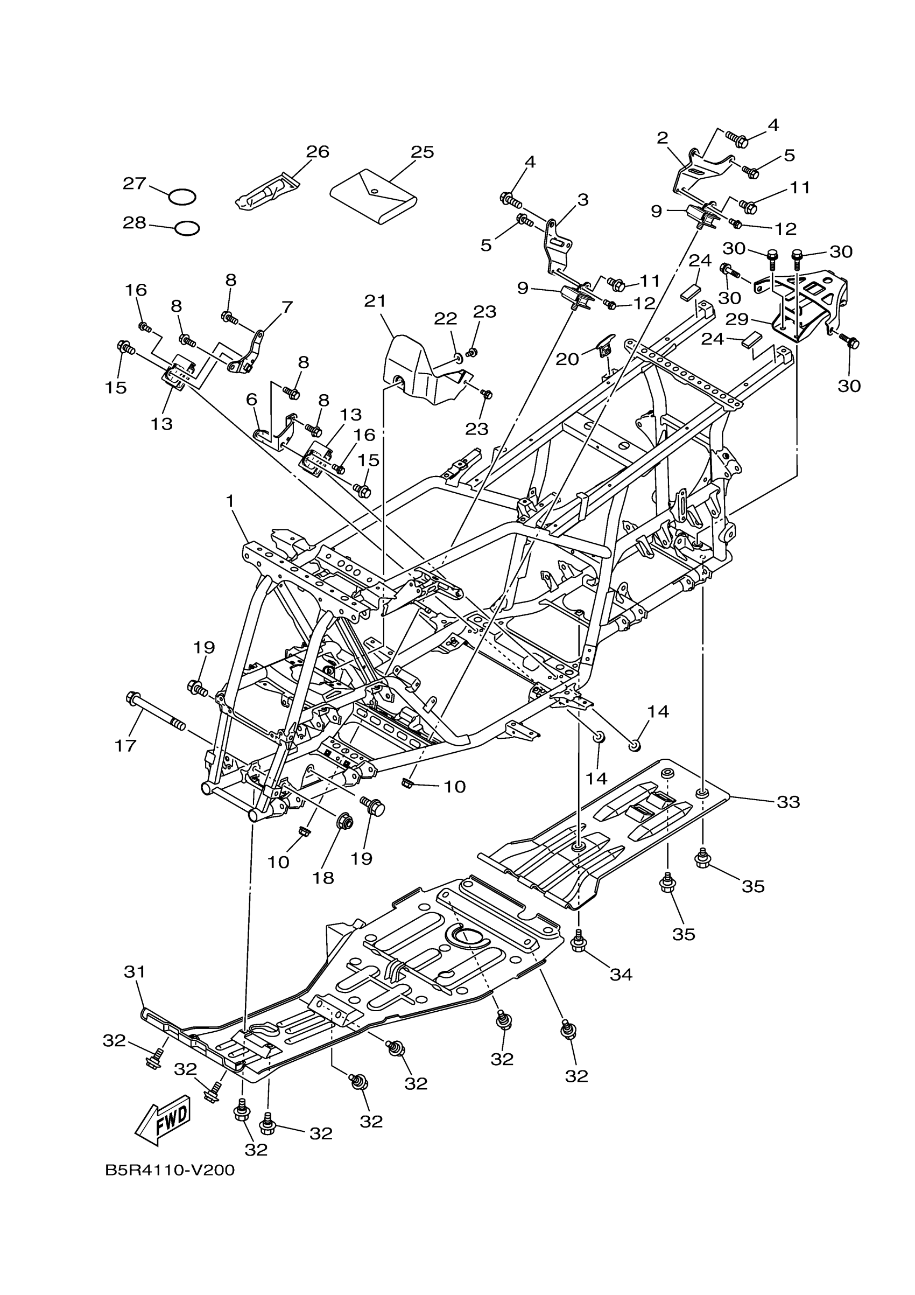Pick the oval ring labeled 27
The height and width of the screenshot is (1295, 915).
[x=182, y=197]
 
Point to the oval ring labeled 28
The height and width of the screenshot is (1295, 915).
[x=187, y=228]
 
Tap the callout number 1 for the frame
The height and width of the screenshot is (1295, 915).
[x=229, y=500]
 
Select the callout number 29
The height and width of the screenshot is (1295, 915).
[x=736, y=319]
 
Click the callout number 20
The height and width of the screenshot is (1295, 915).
[x=567, y=359]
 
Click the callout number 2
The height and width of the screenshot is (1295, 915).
[x=662, y=138]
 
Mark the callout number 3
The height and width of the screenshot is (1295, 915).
[x=582, y=200]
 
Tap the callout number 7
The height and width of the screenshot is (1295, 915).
[x=287, y=307]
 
